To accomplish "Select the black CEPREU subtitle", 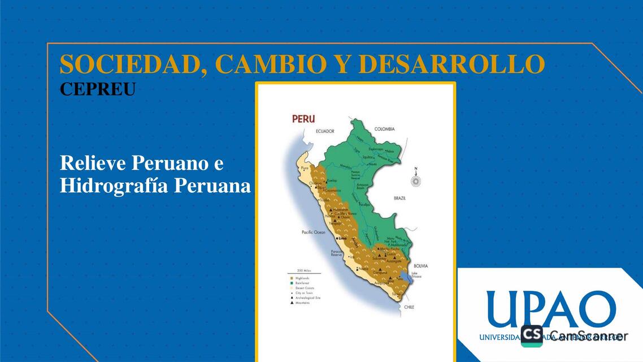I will point(98,89).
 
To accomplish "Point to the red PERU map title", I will point(303,119).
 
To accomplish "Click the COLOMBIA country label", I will point(384,129).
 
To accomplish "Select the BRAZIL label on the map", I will point(400,199).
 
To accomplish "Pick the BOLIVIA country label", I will point(420,266).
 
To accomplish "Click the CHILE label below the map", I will point(409,307).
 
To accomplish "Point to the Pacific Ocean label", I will point(314,232).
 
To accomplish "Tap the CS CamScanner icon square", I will point(532,336).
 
